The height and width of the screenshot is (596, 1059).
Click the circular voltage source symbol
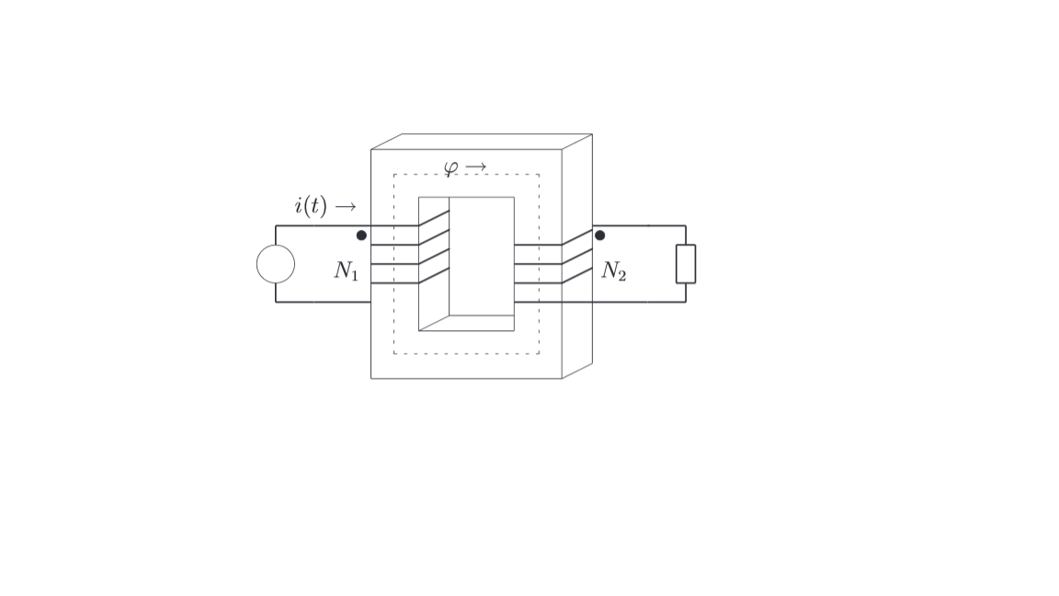[x=276, y=264]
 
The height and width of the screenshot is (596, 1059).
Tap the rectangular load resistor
[x=686, y=264]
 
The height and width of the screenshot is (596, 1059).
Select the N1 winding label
[x=346, y=270]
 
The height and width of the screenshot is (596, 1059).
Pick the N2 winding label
[x=613, y=270]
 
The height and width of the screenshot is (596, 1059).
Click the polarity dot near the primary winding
[x=361, y=235]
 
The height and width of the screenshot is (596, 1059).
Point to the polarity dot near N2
[x=600, y=235]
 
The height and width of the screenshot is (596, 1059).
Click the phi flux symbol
[x=450, y=168]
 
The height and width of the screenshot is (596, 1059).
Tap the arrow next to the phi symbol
[x=475, y=167]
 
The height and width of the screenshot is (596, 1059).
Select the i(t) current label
[x=311, y=206]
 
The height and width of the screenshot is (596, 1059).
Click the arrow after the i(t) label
[x=345, y=207]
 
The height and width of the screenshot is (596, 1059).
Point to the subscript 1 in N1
[x=354, y=275]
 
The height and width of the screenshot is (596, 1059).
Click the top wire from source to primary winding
[x=322, y=226]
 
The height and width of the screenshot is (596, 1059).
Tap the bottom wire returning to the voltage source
[x=322, y=302]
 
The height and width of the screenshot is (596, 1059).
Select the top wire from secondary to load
[x=643, y=226]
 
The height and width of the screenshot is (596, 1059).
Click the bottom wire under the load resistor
[x=643, y=302]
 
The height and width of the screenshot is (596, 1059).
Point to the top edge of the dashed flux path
[x=466, y=175]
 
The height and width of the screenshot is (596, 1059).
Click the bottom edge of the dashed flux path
[x=466, y=353]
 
